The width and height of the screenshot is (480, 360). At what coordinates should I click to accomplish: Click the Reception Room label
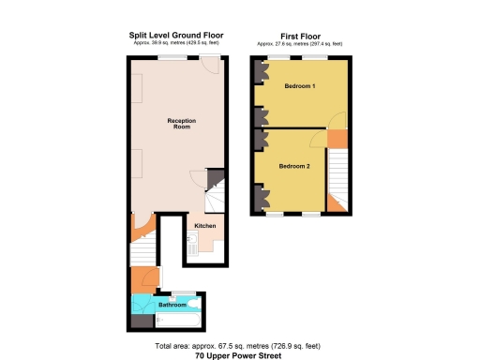coord(179,123)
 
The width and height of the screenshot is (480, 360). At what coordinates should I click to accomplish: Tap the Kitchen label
coord(205,226)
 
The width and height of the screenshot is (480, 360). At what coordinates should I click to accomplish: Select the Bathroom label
coord(171,306)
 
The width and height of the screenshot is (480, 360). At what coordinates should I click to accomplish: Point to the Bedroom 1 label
coord(300,86)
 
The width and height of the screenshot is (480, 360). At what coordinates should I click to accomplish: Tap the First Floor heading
coord(300,35)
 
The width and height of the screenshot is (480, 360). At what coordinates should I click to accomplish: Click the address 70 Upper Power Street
coord(239,356)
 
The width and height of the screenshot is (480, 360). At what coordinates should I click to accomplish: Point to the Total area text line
coord(239,347)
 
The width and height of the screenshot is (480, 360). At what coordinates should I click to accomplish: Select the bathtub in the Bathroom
coord(175,320)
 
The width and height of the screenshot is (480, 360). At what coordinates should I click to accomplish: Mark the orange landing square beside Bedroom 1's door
coord(336,138)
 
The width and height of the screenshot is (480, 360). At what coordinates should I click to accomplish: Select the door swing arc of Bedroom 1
coord(333,122)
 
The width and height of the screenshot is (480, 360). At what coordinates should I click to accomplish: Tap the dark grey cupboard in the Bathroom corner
coord(139,320)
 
